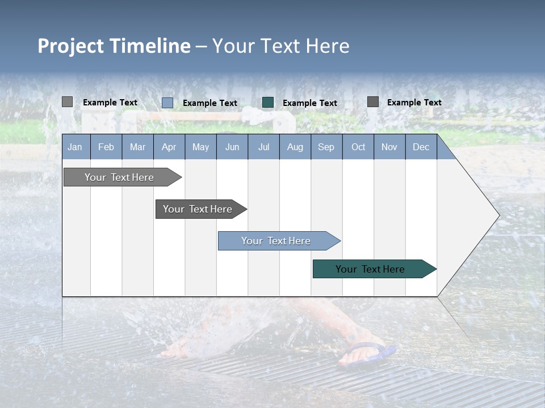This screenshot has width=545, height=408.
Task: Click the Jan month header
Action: [x=75, y=147]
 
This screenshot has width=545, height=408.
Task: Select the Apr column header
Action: [x=169, y=147]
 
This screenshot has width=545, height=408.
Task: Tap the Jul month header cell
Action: [x=263, y=147]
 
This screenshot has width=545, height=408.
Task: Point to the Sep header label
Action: [x=326, y=147]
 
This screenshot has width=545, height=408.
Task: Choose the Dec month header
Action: [x=421, y=147]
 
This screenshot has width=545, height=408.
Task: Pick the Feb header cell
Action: [x=106, y=147]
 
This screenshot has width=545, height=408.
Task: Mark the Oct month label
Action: [x=358, y=147]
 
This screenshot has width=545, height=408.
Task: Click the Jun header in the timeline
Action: [x=232, y=147]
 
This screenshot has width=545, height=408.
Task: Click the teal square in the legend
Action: [x=268, y=103]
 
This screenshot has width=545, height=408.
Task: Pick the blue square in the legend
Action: [x=167, y=103]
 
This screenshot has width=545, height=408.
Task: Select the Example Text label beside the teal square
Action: [x=310, y=103]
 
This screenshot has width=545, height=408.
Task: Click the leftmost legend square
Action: [x=68, y=102]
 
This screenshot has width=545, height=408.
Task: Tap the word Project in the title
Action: [x=71, y=46]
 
